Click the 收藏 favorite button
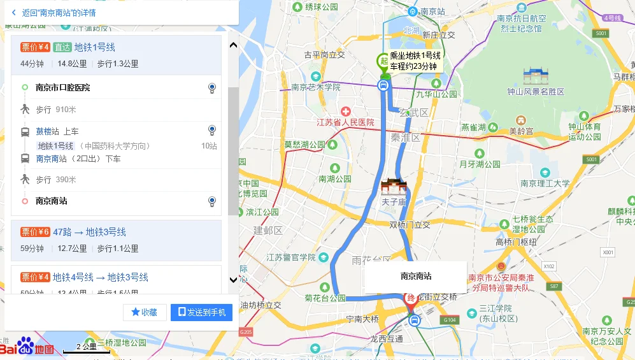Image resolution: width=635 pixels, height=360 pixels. (145, 312)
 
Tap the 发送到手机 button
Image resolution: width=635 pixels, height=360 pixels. (201, 312)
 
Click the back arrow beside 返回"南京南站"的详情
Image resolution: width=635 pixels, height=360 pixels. (14, 12)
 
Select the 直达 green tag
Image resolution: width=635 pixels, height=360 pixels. (62, 47)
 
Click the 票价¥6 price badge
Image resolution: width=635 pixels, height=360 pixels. (35, 232)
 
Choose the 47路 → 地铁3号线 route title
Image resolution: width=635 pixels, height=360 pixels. (89, 232)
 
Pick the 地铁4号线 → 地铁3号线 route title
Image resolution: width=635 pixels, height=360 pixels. (100, 277)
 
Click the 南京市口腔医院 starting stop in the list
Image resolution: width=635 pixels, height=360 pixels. (62, 87)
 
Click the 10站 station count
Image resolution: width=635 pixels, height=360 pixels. (209, 146)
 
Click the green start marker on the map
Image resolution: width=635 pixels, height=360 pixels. (382, 62)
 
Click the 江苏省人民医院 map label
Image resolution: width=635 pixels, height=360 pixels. (345, 122)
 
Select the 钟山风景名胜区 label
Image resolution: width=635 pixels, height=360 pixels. (535, 92)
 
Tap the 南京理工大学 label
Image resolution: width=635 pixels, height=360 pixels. (545, 183)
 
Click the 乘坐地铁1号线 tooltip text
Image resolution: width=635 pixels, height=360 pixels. (415, 56)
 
